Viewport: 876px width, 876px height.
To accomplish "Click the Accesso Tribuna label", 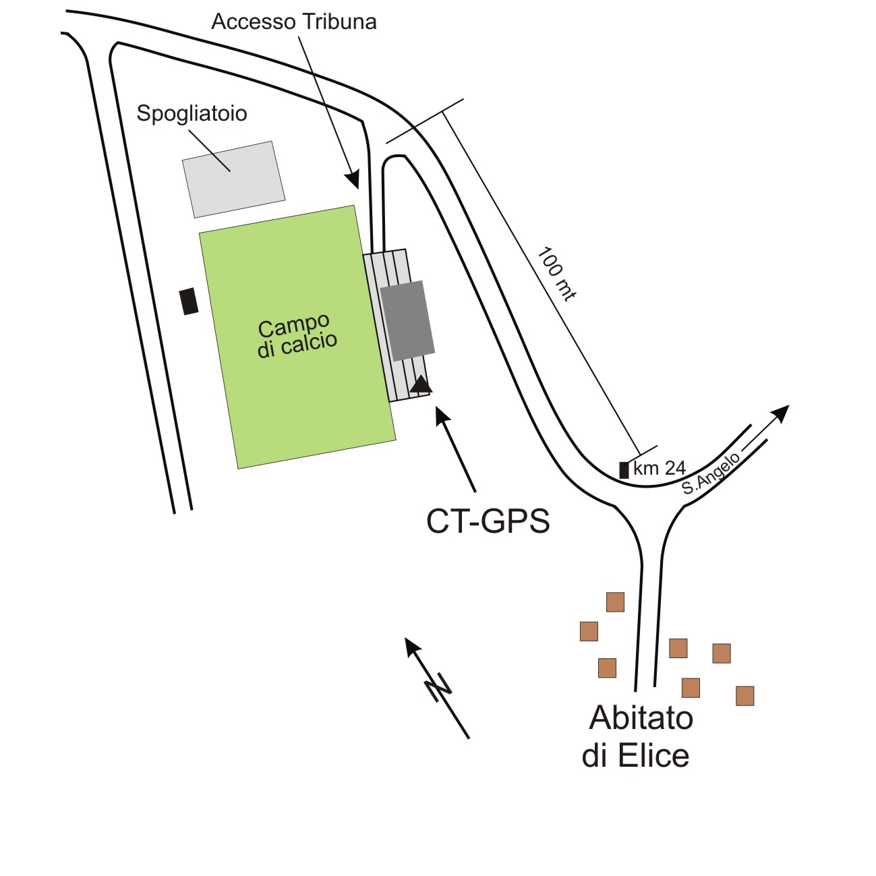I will point(294,22).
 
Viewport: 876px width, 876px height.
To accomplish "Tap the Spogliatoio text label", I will point(192,113).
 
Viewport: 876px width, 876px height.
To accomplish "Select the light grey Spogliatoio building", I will point(233,179).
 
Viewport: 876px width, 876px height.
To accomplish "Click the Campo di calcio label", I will point(296,335).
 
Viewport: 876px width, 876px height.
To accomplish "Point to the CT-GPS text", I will point(488,521).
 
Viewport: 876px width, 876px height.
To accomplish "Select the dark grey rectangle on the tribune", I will point(407,320).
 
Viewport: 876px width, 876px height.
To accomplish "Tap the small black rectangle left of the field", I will point(189,301).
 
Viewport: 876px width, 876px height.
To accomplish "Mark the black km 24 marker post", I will point(624,470).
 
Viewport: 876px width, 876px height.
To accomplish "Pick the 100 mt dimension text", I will point(556,273).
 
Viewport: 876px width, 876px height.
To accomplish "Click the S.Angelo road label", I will point(711,474).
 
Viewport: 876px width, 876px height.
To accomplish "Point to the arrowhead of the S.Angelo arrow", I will point(782,411).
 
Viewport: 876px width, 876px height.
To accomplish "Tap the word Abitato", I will point(641,718).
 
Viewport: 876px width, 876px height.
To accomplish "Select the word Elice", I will point(653,756).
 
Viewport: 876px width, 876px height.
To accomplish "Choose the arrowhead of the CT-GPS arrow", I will point(442,414).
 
